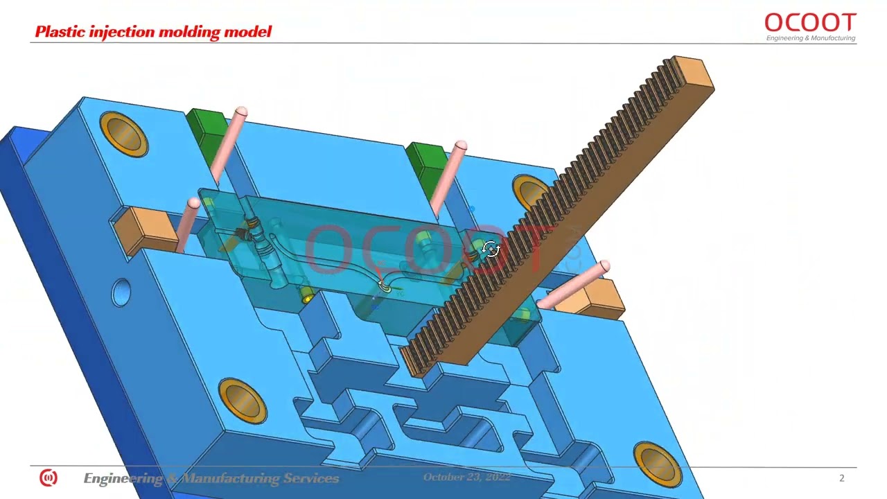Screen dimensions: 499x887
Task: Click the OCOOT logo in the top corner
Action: click(810, 23)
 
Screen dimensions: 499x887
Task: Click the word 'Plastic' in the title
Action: click(59, 32)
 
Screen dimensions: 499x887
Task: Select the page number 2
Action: click(842, 478)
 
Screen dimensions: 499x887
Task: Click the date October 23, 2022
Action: click(466, 478)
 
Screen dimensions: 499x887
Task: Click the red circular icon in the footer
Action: click(48, 478)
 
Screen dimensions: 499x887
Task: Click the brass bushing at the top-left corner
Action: click(124, 133)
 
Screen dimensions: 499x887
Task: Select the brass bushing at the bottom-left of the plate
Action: click(243, 400)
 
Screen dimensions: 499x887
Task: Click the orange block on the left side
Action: click(144, 228)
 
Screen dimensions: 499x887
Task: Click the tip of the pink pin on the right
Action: click(604, 266)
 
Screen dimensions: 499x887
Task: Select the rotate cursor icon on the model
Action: click(491, 249)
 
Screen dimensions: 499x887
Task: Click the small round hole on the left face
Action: click(121, 292)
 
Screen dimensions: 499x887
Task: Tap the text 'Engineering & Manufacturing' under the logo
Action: click(810, 39)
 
